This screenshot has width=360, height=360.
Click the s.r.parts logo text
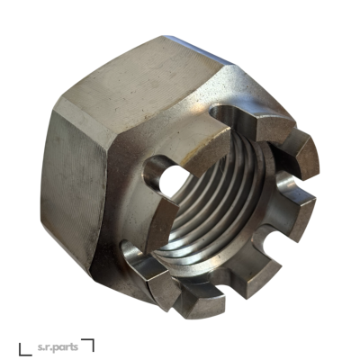pyautogui.click(x=58, y=347)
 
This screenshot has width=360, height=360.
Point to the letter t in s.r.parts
pyautogui.click(x=72, y=347)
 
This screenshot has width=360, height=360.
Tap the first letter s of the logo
pyautogui.click(x=40, y=347)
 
